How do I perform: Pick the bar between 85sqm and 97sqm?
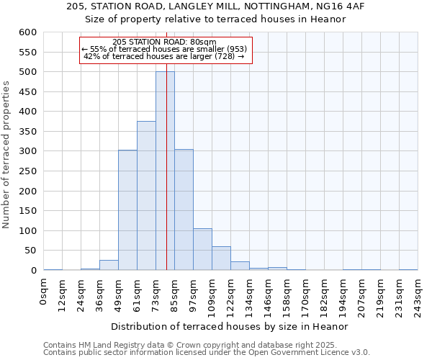click(x=184, y=210)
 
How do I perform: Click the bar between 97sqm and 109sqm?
click(x=202, y=249)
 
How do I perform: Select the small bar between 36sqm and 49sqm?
click(x=109, y=265)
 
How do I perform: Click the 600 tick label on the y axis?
click(x=27, y=32)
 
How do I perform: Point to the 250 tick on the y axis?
click(x=27, y=171)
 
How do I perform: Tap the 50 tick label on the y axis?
click(x=30, y=251)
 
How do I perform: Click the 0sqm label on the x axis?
click(x=44, y=292)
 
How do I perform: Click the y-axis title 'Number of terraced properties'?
click(x=6, y=155)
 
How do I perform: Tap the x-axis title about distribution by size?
click(x=230, y=326)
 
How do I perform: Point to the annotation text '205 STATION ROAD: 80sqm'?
click(x=165, y=42)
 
